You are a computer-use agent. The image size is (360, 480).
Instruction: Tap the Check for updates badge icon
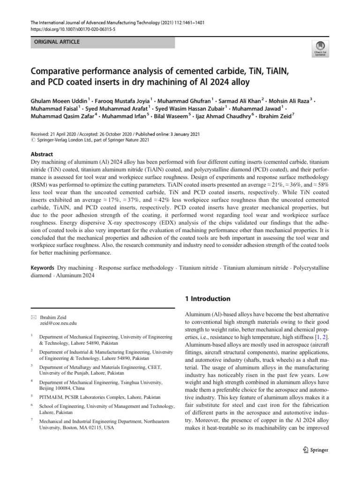320,48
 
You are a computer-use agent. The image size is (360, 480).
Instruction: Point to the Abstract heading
41,154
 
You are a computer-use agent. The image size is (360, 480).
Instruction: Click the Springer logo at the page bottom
314,450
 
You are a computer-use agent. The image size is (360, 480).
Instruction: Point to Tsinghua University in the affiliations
145,382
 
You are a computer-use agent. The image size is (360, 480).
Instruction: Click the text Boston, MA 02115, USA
76,428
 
